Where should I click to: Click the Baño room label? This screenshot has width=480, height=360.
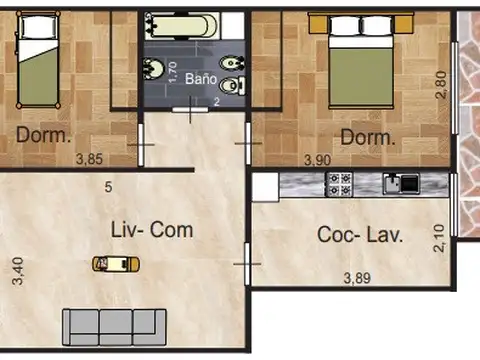[201, 79]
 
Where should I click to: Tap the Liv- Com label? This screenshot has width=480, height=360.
[152, 230]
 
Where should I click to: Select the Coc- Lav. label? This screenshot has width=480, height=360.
[360, 234]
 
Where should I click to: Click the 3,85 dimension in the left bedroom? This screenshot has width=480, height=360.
[89, 159]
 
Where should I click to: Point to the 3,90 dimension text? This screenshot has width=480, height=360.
[317, 160]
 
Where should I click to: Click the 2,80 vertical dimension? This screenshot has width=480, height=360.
[441, 84]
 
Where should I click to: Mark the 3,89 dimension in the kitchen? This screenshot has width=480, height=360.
[357, 278]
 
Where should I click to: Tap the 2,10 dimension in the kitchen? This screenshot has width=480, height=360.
[439, 238]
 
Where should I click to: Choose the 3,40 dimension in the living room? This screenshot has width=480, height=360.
[18, 271]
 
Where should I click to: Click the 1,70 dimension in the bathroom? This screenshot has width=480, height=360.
[172, 72]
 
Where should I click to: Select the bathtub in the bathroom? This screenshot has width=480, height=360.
[181, 25]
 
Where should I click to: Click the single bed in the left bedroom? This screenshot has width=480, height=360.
[38, 59]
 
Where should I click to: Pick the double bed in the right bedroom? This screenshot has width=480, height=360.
[361, 60]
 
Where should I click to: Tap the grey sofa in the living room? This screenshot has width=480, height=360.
[114, 327]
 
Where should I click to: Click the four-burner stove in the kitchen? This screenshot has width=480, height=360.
[339, 184]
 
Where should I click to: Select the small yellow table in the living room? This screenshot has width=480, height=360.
[116, 264]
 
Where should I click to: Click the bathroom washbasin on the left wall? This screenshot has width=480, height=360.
[153, 68]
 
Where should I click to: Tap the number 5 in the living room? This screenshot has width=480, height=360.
[108, 187]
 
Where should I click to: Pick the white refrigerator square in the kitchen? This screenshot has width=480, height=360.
[265, 187]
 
